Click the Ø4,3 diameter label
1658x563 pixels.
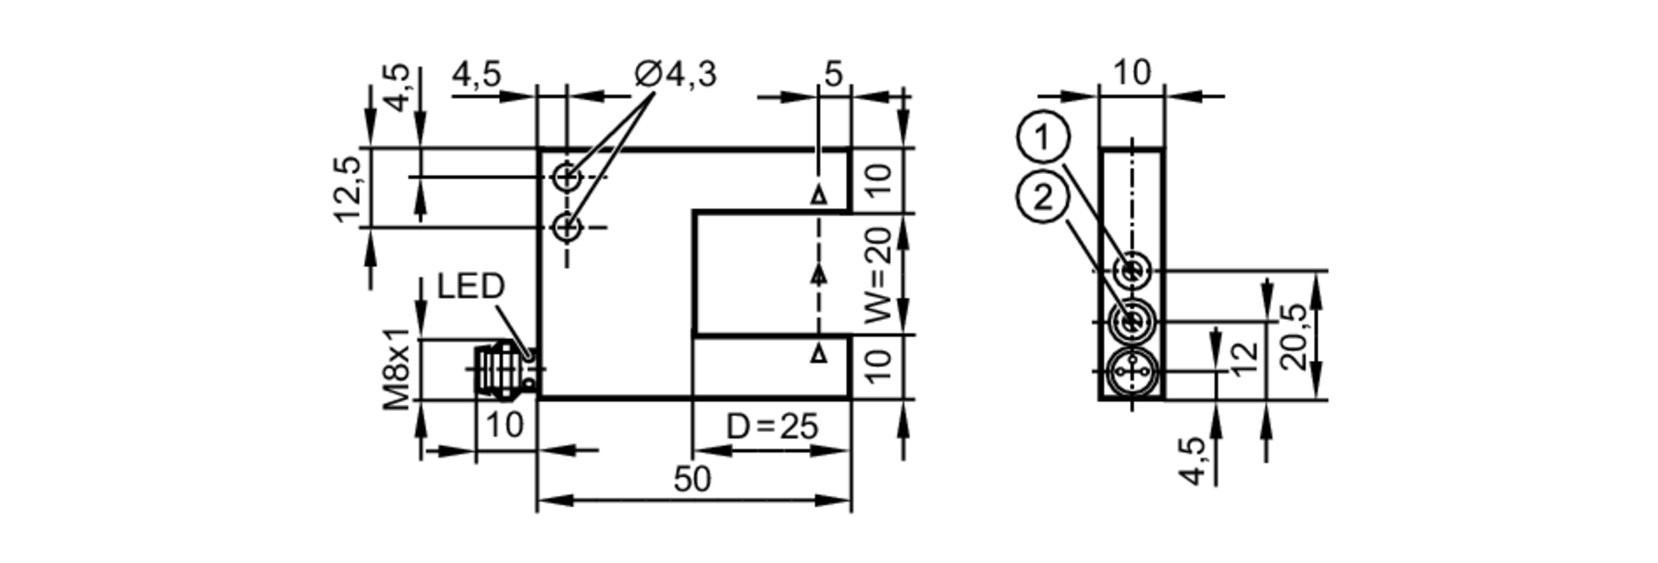pyautogui.click(x=676, y=75)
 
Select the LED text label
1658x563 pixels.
pyautogui.click(x=471, y=287)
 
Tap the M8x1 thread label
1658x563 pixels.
pyautogui.click(x=399, y=369)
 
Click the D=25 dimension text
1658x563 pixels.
pyautogui.click(x=772, y=427)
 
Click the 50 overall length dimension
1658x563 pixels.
pyautogui.click(x=692, y=479)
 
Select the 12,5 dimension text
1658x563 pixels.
pyautogui.click(x=349, y=189)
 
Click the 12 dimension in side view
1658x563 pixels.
pyautogui.click(x=1243, y=357)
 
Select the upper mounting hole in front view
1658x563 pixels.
pyautogui.click(x=567, y=177)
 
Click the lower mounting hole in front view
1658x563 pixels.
pyautogui.click(x=567, y=226)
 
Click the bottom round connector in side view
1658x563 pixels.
pyautogui.click(x=1131, y=372)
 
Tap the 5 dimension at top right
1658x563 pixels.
pyautogui.click(x=833, y=75)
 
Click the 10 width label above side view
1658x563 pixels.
pyautogui.click(x=1131, y=73)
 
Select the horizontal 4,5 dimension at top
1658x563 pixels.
pyautogui.click(x=477, y=75)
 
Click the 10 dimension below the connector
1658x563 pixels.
pyautogui.click(x=505, y=425)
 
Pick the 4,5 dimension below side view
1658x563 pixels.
pyautogui.click(x=1194, y=461)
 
